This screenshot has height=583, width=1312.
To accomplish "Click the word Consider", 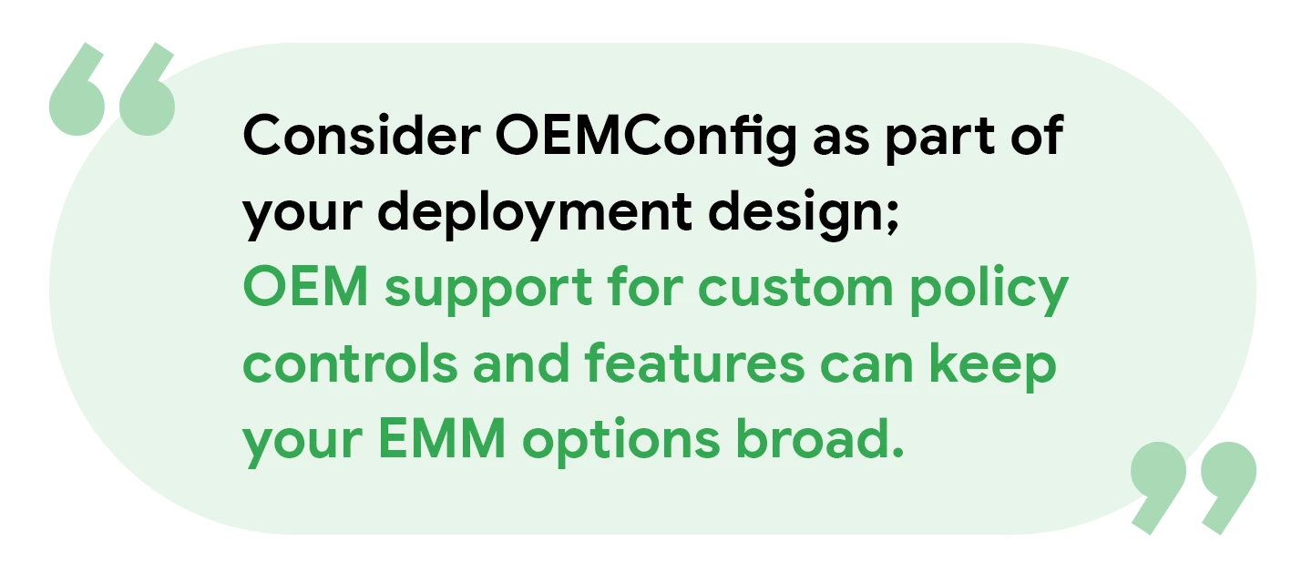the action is point(362,135).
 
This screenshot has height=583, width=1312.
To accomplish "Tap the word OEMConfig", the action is point(646,139).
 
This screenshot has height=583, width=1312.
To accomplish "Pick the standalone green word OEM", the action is point(305,287).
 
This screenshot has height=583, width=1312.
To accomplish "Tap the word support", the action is point(488,291).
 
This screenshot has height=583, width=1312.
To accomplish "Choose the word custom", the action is point(795,288).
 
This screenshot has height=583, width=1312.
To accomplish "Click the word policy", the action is point(989,290).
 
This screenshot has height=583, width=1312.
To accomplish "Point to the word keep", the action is point(992,366).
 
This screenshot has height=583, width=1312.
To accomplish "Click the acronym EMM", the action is point(442,438).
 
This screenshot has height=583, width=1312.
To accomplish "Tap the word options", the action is point(620,442).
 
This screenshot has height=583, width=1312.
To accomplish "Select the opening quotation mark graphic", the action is point(112,89).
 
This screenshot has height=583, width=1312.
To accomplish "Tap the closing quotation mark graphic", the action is point(1194,487).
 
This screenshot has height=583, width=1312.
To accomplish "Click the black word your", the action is point(302,218).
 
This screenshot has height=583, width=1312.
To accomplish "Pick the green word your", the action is point(302,445).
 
